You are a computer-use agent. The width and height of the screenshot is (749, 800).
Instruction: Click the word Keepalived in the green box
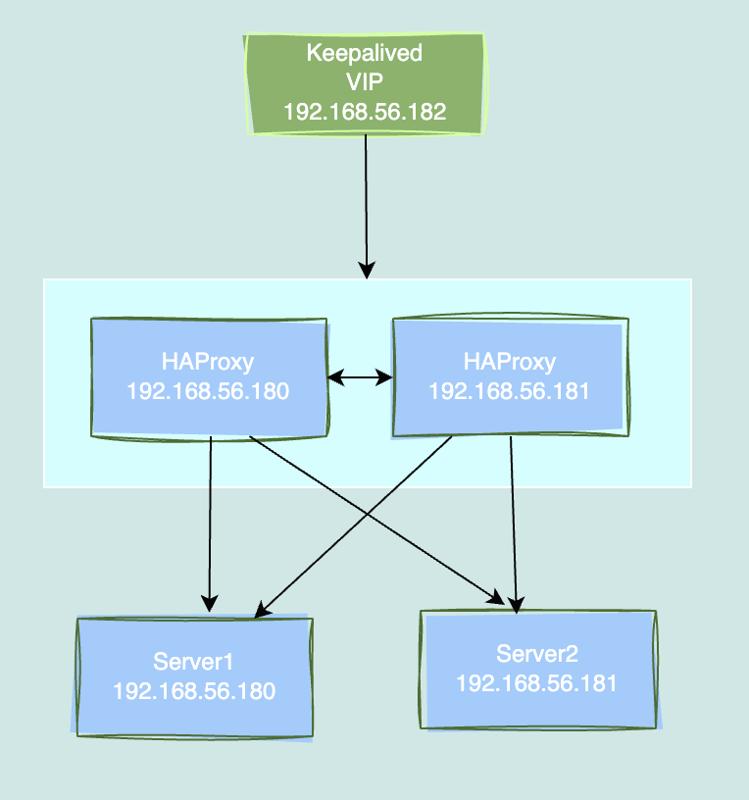(365, 53)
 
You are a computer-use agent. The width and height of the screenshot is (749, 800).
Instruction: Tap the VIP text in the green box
(365, 82)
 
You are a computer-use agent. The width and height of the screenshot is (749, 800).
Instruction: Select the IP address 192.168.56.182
(365, 112)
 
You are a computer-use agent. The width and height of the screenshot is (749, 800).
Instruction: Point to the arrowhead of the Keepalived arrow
(368, 270)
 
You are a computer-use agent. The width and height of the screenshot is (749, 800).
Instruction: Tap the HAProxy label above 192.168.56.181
(509, 362)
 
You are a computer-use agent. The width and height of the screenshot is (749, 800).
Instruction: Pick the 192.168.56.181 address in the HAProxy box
(509, 391)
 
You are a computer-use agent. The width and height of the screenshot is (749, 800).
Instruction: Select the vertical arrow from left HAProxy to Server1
(210, 520)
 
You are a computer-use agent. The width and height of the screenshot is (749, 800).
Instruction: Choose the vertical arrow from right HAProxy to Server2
(513, 520)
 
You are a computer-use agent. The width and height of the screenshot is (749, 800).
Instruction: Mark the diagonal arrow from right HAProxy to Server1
(324, 549)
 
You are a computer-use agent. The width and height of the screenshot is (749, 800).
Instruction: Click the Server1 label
(194, 660)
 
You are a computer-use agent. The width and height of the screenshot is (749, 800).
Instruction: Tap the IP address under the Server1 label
(194, 690)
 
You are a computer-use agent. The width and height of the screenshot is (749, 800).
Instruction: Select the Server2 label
(537, 654)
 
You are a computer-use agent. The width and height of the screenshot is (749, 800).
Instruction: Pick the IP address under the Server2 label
(537, 682)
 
